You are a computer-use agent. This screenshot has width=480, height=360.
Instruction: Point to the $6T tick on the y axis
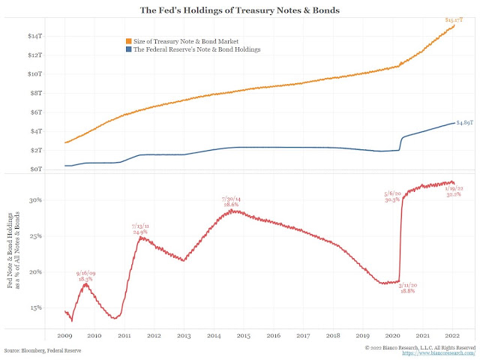point(34,112)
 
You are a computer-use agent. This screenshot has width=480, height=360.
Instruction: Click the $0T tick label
point(34,169)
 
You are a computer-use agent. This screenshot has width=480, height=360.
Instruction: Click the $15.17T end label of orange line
point(454,19)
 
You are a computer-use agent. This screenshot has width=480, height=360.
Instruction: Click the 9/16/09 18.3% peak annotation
point(86,275)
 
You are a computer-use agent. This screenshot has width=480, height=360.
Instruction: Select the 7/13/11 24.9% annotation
point(141,229)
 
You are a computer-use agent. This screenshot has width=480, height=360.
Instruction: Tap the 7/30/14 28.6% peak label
point(230,201)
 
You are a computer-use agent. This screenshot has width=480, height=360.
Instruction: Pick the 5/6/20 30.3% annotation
point(391,197)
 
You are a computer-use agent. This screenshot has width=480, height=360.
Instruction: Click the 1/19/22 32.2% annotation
point(454,191)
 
